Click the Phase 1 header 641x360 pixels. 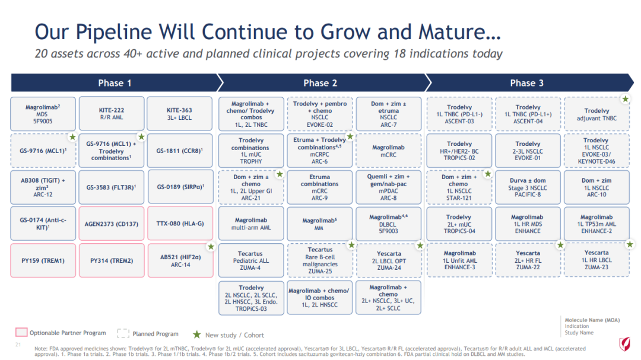tap(115, 83)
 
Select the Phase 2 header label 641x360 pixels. tap(320, 83)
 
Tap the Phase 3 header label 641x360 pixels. tap(526, 83)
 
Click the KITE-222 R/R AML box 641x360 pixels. tap(111, 114)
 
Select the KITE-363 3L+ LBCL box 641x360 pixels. tap(179, 114)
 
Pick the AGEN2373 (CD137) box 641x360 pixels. tap(111, 224)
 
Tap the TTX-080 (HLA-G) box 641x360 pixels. tap(180, 224)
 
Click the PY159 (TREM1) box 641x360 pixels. tap(43, 260)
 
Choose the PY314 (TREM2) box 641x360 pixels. tap(111, 260)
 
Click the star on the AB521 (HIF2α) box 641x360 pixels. tap(211, 246)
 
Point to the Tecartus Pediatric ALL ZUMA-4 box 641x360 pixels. tap(251, 260)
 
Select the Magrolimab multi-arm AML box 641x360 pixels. tap(251, 224)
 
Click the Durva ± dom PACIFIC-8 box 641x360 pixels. tap(528, 187)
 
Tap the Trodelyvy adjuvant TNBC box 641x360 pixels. tap(597, 114)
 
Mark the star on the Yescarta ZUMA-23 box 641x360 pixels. tap(630, 244)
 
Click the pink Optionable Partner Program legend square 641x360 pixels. tap(21, 332)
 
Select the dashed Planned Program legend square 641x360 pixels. tap(123, 333)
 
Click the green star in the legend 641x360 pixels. tap(196, 334)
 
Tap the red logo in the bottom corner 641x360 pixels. tap(624, 344)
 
